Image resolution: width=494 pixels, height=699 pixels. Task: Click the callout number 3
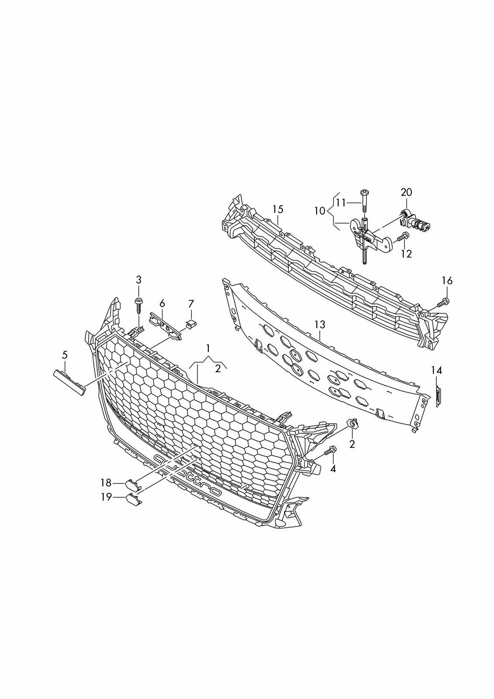click(x=139, y=280)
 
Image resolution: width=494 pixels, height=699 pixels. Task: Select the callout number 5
click(x=65, y=355)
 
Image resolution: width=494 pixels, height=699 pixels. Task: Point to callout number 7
click(x=191, y=303)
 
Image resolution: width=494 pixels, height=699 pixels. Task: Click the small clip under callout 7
click(x=191, y=323)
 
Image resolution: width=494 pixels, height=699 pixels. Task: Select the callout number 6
click(x=162, y=303)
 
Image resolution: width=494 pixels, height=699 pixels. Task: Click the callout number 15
click(x=278, y=209)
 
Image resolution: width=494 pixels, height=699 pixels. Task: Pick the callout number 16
click(x=446, y=280)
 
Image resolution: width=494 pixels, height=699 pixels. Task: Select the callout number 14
click(x=437, y=370)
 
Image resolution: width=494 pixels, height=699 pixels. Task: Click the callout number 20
click(x=406, y=192)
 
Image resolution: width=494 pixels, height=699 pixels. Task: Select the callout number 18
click(x=106, y=482)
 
